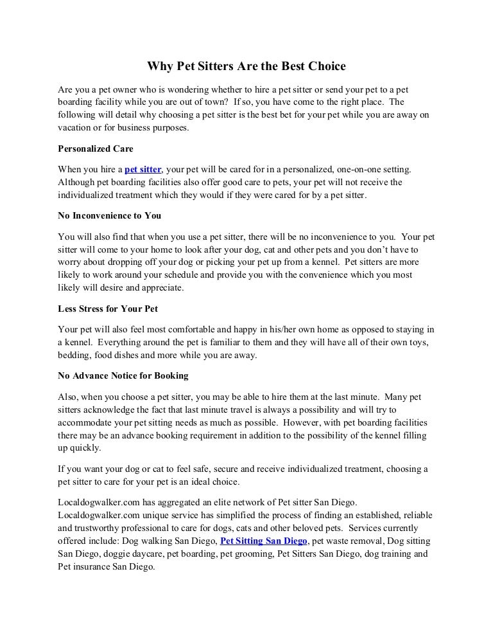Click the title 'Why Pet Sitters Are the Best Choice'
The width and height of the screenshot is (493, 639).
[246, 66]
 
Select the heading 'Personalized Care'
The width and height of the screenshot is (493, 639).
[96, 148]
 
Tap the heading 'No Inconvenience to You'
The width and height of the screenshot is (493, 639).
[109, 215]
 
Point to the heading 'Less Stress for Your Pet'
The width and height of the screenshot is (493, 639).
[108, 308]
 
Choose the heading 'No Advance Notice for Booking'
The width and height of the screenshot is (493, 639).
[123, 375]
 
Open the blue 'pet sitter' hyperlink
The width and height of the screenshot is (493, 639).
[143, 170]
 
